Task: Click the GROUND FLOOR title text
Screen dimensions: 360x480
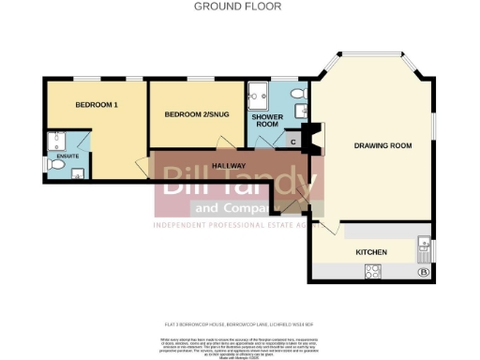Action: (x=237, y=7)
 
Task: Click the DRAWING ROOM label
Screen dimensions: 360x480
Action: (x=382, y=145)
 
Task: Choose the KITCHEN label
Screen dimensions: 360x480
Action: (x=371, y=252)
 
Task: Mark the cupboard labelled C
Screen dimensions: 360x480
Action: (x=294, y=142)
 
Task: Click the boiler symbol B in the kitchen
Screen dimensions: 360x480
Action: (x=422, y=273)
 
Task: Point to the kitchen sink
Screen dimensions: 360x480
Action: (x=422, y=249)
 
